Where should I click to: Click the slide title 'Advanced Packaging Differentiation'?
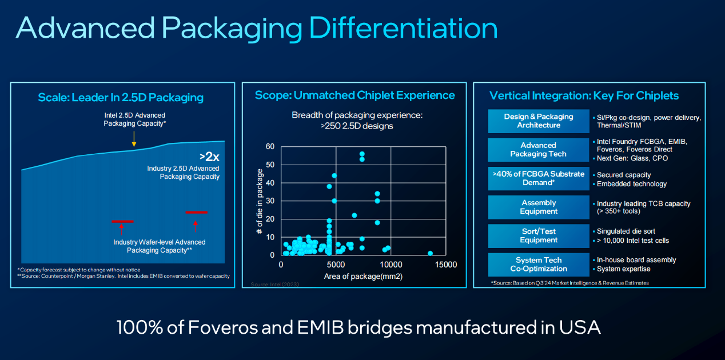click(256, 28)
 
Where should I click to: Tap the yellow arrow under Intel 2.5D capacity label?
click(133, 139)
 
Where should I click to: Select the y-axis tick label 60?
click(270, 147)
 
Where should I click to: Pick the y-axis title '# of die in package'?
click(260, 201)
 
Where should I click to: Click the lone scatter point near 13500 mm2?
click(430, 253)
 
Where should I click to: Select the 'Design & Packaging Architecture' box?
click(538, 121)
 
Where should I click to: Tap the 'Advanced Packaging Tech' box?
click(538, 150)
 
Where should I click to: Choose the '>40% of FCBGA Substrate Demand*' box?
click(538, 178)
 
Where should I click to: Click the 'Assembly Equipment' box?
click(538, 207)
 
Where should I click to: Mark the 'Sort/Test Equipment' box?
click(538, 236)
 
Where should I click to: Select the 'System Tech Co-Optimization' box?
click(538, 265)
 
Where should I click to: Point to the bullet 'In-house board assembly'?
click(636, 260)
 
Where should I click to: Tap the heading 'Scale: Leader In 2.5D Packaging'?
click(121, 97)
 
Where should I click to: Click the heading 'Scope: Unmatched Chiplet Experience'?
click(354, 95)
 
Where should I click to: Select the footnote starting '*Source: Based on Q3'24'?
click(569, 283)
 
